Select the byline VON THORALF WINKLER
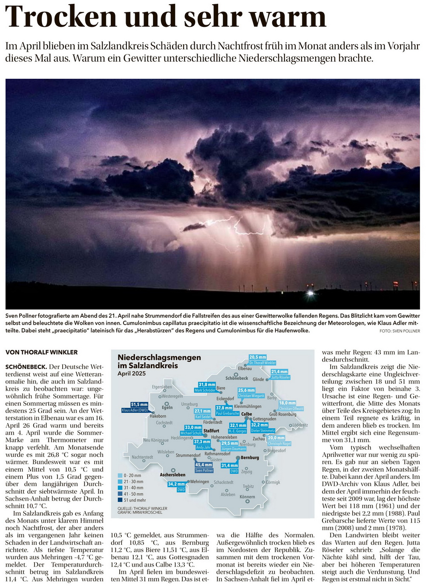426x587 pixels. coord(42,352)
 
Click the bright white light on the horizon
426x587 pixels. coord(311,293)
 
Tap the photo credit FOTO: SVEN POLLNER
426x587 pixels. coord(400,331)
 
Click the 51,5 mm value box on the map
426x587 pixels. coord(139,404)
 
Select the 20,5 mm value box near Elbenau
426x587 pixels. coord(258,357)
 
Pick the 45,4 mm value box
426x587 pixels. coord(204,465)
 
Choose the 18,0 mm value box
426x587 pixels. coord(287,403)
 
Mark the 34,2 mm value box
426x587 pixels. coord(176,484)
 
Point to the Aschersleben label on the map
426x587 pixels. coord(173,475)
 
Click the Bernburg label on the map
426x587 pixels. coord(250,458)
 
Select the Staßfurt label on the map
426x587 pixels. coord(211,431)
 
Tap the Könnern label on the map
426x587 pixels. coord(247,497)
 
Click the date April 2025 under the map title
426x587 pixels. coord(132,373)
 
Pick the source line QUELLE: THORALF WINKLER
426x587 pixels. coord(142,508)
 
